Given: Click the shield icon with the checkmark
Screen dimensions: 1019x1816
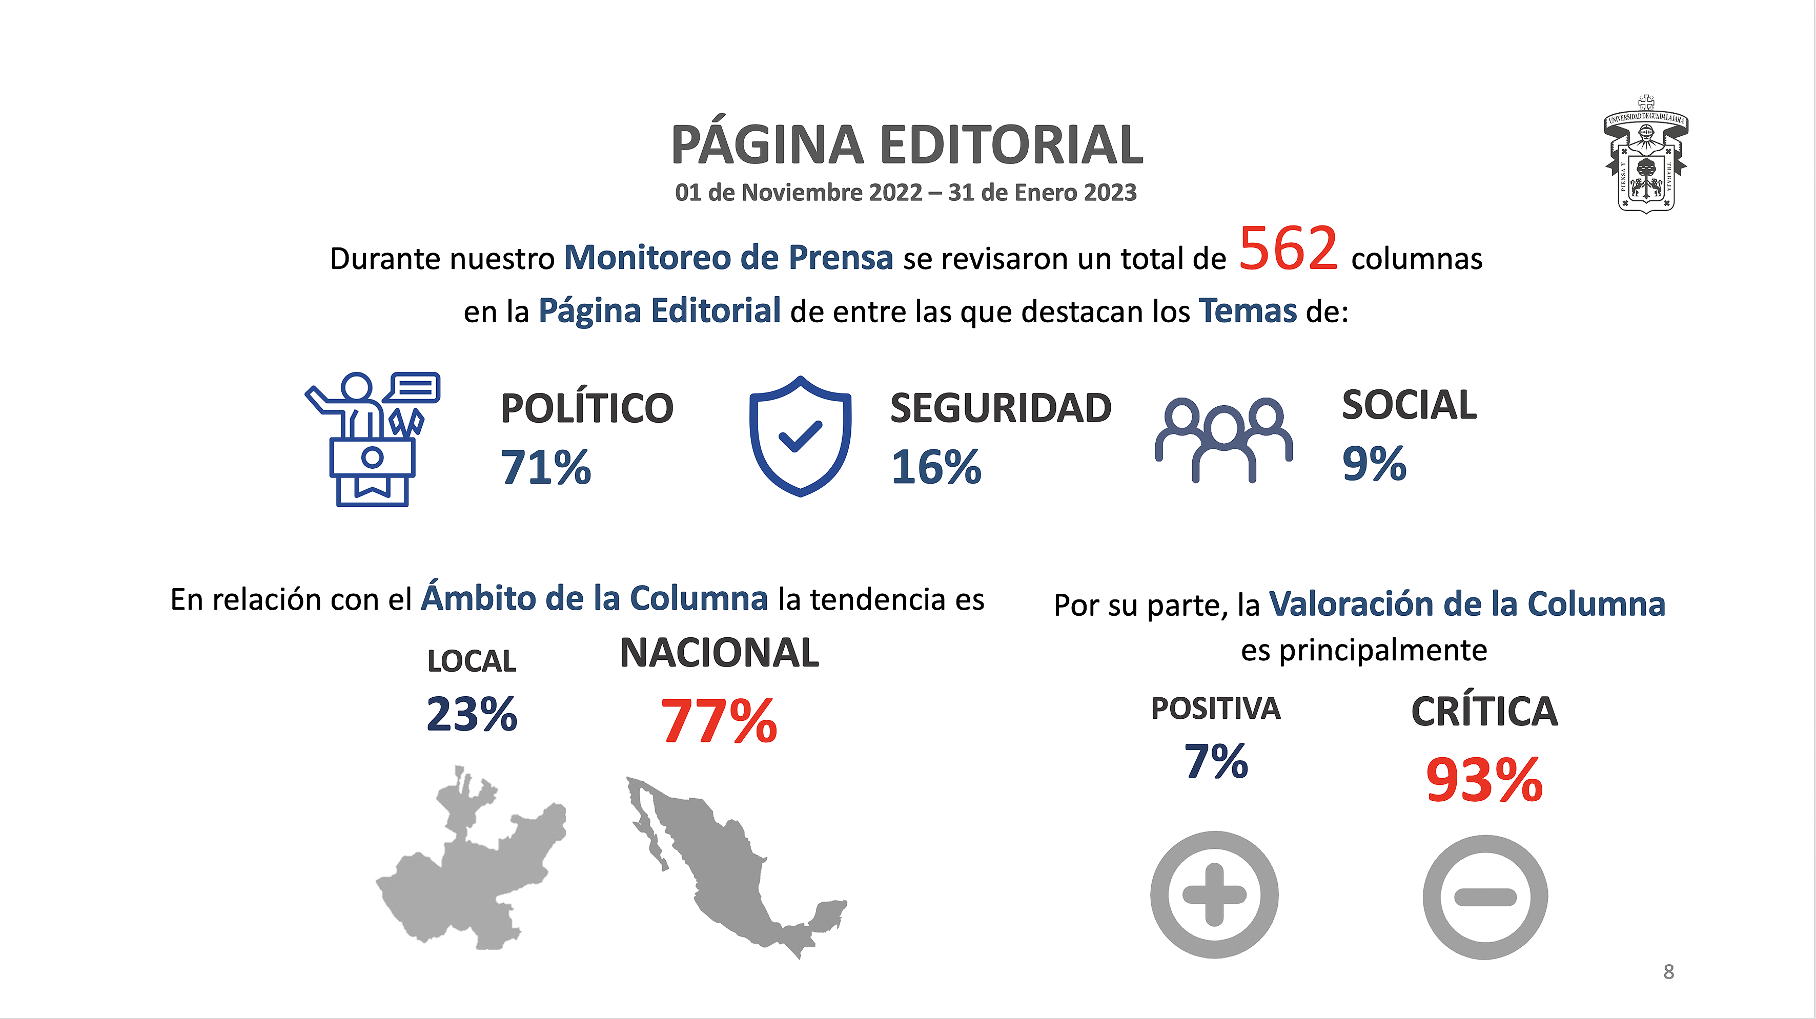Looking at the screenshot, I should click(x=800, y=436).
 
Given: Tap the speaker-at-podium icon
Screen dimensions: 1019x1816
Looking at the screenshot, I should click(x=372, y=439).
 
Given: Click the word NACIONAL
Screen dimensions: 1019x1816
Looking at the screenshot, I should click(x=719, y=653).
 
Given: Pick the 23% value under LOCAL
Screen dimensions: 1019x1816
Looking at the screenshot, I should click(x=472, y=714).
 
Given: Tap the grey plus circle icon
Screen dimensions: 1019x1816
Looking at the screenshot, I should click(x=1214, y=895).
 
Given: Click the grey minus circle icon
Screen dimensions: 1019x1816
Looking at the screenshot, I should click(x=1485, y=897).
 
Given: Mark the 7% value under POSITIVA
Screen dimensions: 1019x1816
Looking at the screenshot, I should click(x=1216, y=761).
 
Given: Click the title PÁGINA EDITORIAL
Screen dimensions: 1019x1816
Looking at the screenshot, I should click(x=907, y=144).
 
